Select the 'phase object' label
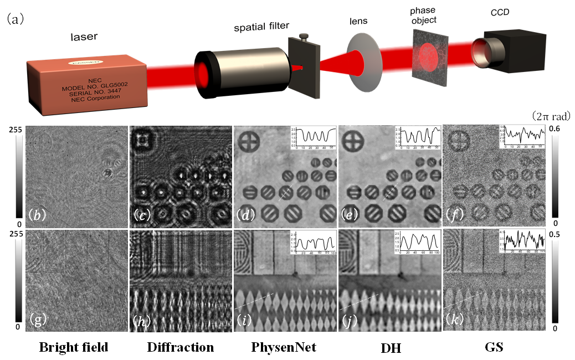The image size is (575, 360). pyautogui.click(x=424, y=15)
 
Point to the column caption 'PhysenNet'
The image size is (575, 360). pyautogui.click(x=284, y=348)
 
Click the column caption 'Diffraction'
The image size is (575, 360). pyautogui.click(x=180, y=348)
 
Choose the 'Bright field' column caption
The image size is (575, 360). pyautogui.click(x=73, y=348)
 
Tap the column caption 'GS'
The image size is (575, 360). pyautogui.click(x=494, y=348)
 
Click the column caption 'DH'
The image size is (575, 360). pyautogui.click(x=389, y=348)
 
